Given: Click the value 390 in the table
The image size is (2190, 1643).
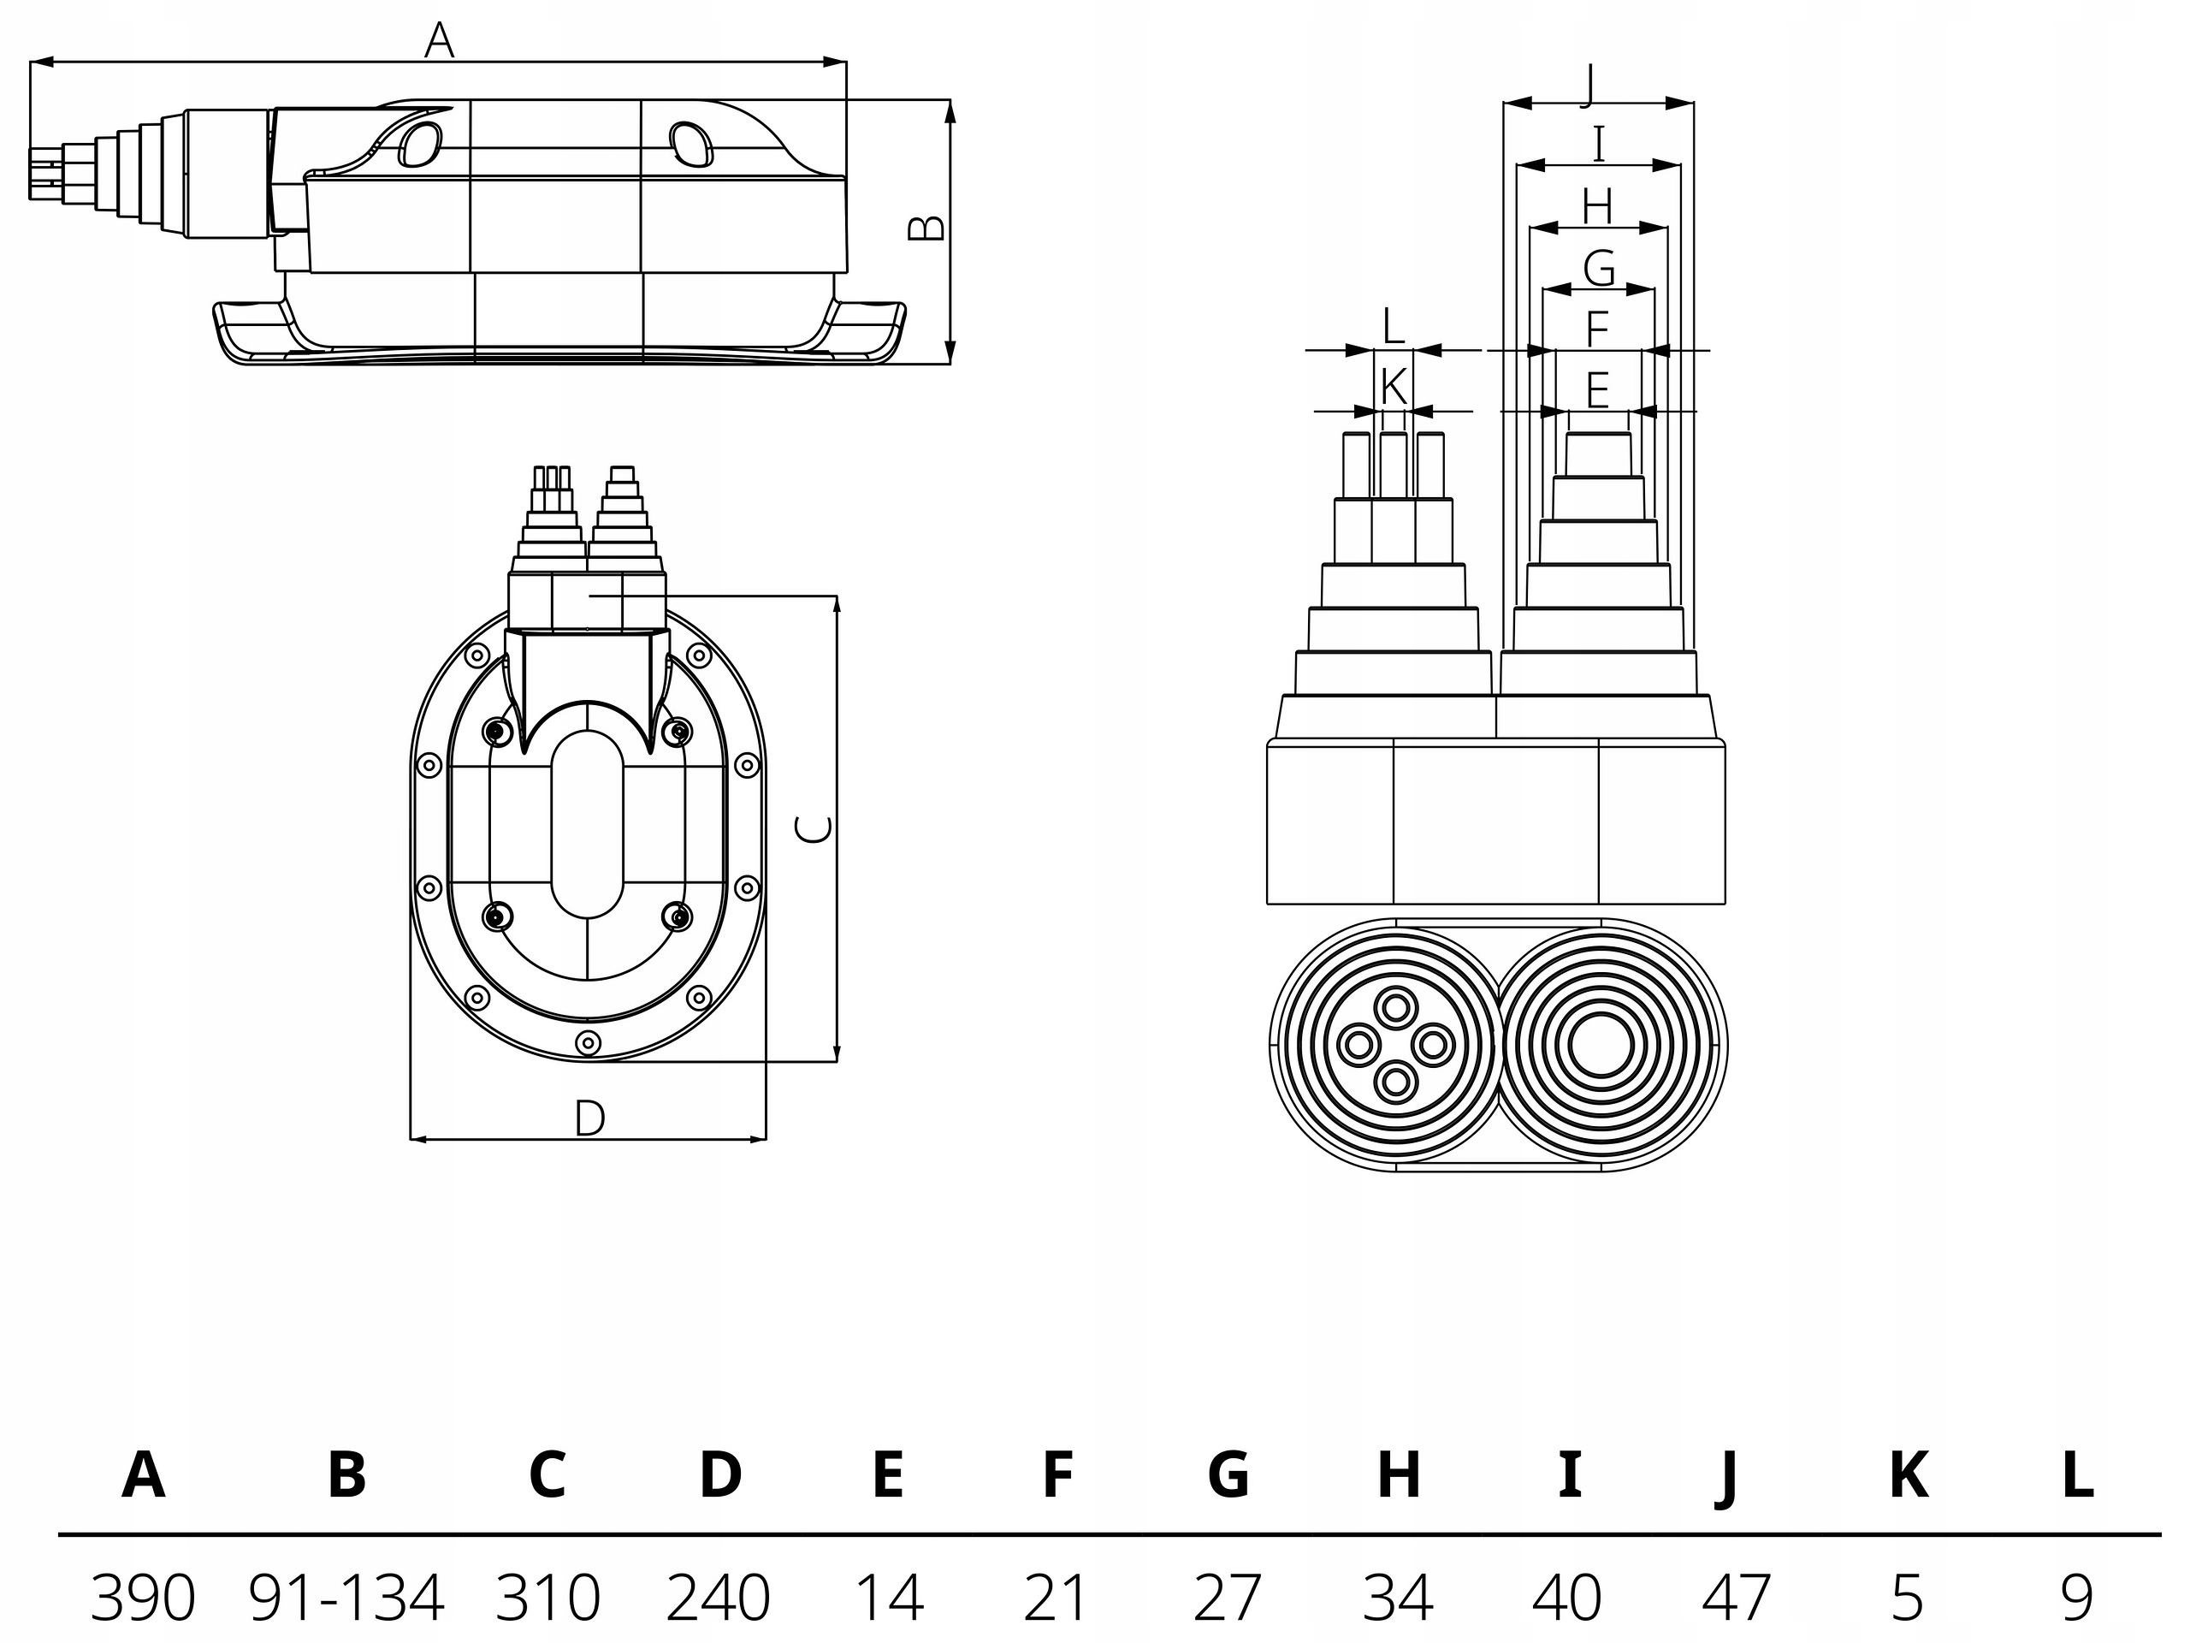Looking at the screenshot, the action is coord(143,1598).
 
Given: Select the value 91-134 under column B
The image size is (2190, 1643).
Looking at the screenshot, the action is coord(346,1598).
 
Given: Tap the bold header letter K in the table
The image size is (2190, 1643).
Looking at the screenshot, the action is coord(1908,1474).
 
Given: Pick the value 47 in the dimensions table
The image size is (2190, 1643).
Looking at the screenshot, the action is coord(1737,1598).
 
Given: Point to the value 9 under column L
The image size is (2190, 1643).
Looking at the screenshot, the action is coord(2077,1598).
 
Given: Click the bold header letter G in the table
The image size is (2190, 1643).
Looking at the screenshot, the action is coord(1228,1474).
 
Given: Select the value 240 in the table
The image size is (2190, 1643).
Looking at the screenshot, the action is coord(718,1598).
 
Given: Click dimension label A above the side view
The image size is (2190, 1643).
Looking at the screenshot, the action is coord(439,40).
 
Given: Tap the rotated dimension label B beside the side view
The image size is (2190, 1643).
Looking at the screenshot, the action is coord(926,228).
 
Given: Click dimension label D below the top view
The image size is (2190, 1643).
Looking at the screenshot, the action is coord(589,1118).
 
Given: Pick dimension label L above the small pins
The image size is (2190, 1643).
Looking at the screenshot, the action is coord(1393,327).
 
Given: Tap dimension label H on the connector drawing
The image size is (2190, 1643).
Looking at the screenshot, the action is coord(1597,207).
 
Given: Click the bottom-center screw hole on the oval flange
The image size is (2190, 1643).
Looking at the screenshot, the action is coord(588,1042).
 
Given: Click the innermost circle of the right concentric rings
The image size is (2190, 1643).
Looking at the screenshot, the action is coord(1600,1045).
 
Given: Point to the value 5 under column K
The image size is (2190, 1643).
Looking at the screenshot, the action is coord(1908,1598).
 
